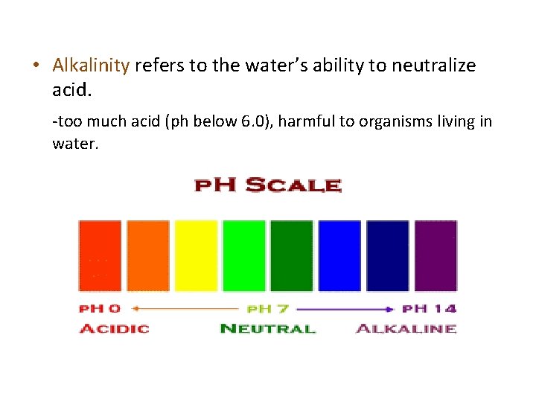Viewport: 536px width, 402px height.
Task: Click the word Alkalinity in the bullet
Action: click(91, 66)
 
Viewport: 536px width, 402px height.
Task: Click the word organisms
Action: click(391, 121)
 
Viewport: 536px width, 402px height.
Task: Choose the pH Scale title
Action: click(267, 185)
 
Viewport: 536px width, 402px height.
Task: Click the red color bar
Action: click(100, 255)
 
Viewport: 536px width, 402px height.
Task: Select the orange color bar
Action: click(148, 255)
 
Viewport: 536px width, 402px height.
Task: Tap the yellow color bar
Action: click(196, 255)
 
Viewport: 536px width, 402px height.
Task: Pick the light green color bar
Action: click(243, 255)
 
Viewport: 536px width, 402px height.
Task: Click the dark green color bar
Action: click(292, 255)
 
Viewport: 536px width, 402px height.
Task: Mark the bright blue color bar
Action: click(339, 255)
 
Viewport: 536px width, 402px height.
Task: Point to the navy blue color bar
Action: click(387, 255)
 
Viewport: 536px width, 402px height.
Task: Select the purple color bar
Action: click(435, 255)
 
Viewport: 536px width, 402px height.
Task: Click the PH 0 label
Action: click(100, 308)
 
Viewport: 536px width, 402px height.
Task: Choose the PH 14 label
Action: click(430, 308)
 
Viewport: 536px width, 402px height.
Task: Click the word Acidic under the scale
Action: click(114, 328)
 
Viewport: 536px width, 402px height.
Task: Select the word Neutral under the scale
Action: click(268, 328)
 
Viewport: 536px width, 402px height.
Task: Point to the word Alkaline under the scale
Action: click(406, 328)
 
